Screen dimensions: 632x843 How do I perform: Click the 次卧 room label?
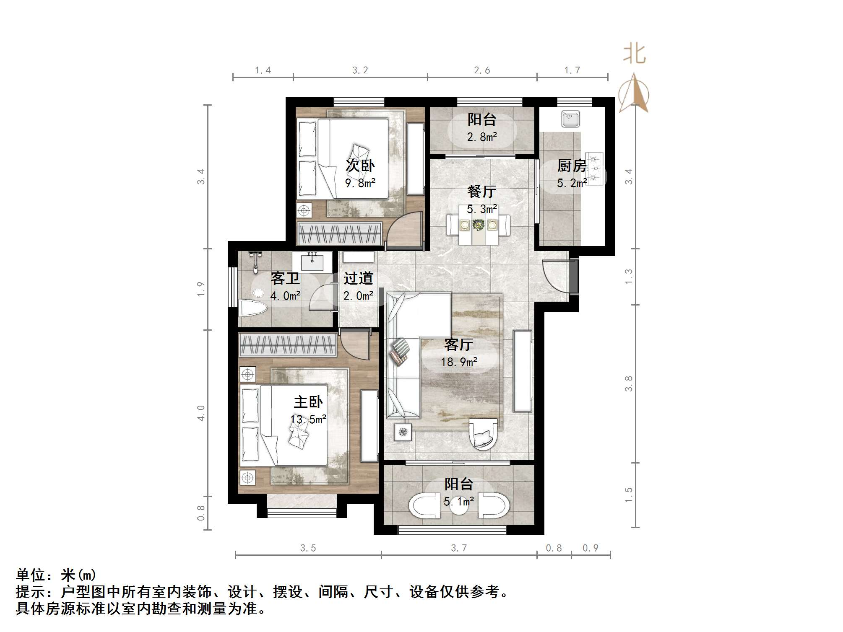pyautogui.click(x=360, y=166)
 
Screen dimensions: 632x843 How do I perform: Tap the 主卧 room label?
pyautogui.click(x=308, y=402)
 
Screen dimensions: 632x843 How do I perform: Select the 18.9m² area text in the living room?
pyautogui.click(x=459, y=362)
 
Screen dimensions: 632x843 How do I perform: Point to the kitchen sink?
pyautogui.click(x=570, y=119)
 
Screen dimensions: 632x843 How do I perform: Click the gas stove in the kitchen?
pyautogui.click(x=593, y=168)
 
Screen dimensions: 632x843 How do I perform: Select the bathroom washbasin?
pyautogui.click(x=312, y=262)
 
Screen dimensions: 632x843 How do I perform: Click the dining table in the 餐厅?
pyautogui.click(x=478, y=229)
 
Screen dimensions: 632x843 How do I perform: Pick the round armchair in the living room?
pyautogui.click(x=483, y=434)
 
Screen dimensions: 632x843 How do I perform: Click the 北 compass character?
pyautogui.click(x=634, y=54)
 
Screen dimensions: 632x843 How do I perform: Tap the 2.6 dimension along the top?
pyautogui.click(x=482, y=70)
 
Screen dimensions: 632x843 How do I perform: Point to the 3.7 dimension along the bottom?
pyautogui.click(x=459, y=548)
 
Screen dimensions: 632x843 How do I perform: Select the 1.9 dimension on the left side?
pyautogui.click(x=201, y=289)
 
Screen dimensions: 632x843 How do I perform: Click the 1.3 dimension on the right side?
pyautogui.click(x=628, y=276)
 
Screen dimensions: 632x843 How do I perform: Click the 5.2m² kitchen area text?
pyautogui.click(x=572, y=183)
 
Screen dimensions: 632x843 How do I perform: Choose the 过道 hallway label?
pyautogui.click(x=358, y=278)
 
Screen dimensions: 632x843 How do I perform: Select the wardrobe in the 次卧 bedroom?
pyautogui.click(x=340, y=233)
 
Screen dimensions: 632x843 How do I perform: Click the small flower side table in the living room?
pyautogui.click(x=403, y=432)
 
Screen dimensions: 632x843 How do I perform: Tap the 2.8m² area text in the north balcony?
pyautogui.click(x=482, y=137)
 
